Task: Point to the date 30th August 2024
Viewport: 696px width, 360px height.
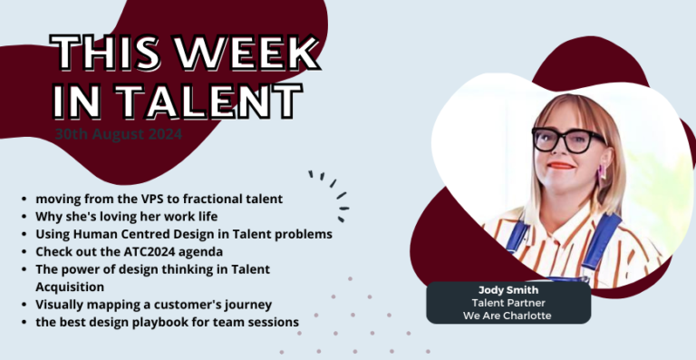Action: click(118, 133)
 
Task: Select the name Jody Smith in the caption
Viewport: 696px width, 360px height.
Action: click(508, 289)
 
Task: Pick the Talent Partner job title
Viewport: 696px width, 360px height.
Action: click(508, 302)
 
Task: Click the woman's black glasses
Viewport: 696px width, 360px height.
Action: click(568, 139)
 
